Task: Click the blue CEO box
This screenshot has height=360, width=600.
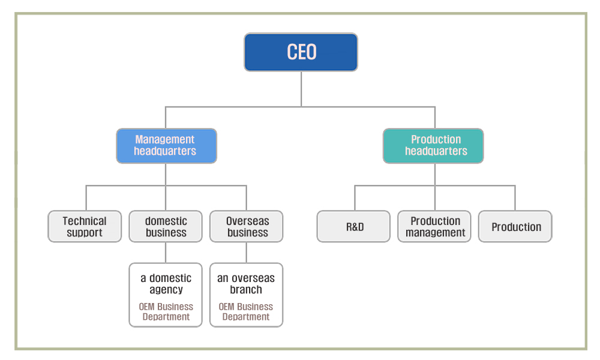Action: coord(301,52)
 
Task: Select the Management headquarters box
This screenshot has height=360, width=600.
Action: coord(166,146)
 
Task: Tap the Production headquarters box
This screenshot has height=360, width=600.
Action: coord(433,146)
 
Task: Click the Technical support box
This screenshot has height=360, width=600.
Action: coord(85,226)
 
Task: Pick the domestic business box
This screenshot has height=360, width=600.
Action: coord(166,226)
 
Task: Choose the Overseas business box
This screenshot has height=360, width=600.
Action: coord(247,226)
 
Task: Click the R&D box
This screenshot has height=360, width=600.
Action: coord(353,226)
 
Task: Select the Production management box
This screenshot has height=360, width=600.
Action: coord(434,226)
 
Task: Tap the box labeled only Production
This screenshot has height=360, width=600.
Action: coord(515,226)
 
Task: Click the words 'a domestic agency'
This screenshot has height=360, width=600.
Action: coord(166,283)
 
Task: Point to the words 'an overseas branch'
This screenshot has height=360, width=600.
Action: coord(246,283)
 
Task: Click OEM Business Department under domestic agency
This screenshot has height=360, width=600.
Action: coord(166,312)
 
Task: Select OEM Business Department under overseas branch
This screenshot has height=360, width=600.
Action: coord(246,312)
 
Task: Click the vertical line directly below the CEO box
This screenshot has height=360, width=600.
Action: coord(301,89)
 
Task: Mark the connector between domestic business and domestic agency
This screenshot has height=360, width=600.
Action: coord(166,253)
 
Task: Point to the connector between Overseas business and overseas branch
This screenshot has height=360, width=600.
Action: coord(247,253)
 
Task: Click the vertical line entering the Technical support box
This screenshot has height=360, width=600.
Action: coord(86,198)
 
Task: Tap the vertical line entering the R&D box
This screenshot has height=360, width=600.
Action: coord(355,198)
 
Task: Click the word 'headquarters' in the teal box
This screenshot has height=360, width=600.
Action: coord(436,151)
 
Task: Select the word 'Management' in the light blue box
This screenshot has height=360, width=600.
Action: coord(165,140)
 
